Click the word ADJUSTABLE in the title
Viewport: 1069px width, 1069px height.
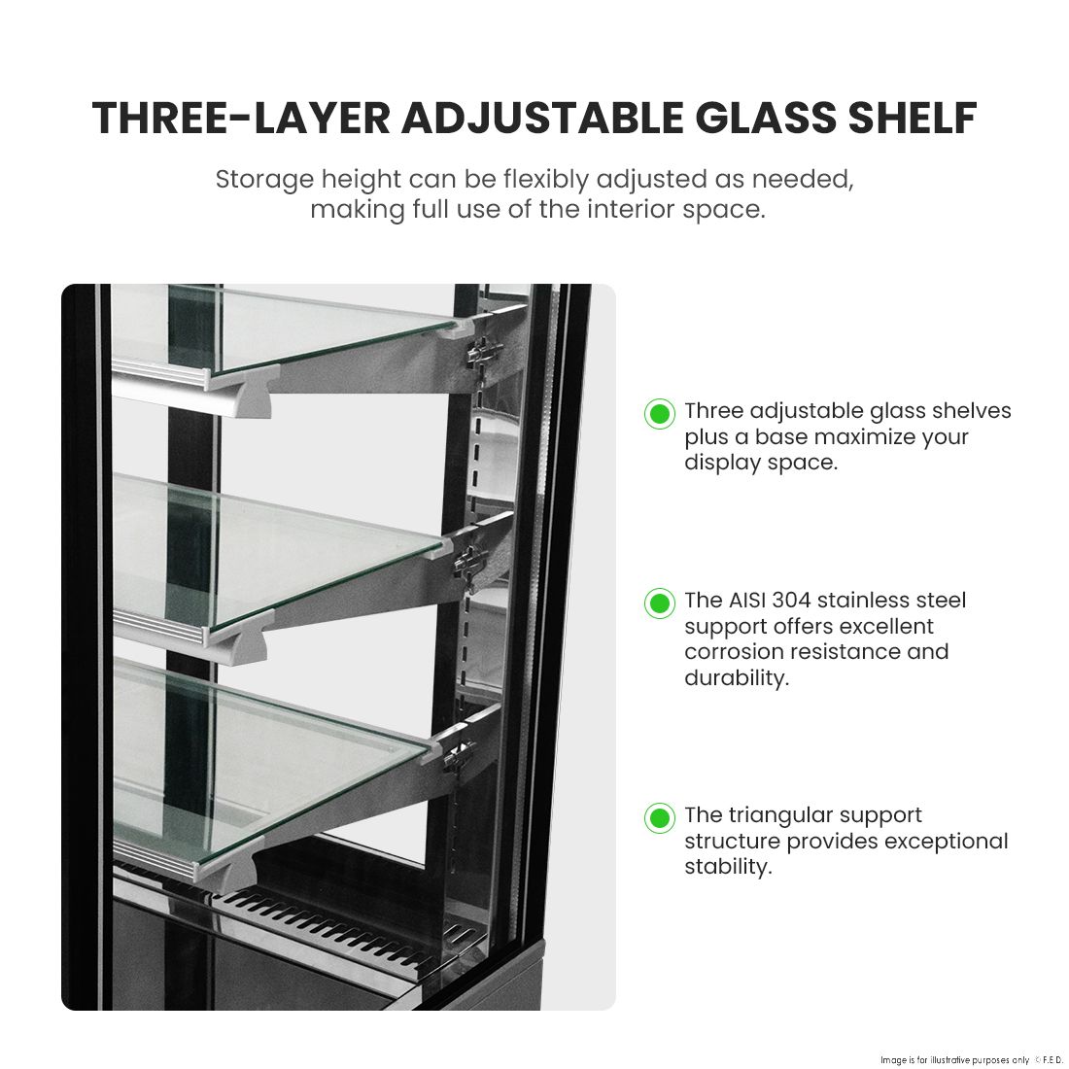[542, 118]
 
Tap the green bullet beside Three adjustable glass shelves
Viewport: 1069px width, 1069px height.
[660, 413]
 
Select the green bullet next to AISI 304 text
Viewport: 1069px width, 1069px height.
[660, 603]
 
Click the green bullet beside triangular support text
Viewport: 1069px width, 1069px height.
[660, 817]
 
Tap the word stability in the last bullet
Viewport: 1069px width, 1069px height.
[727, 867]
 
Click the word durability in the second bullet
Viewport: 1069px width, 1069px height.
[735, 677]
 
